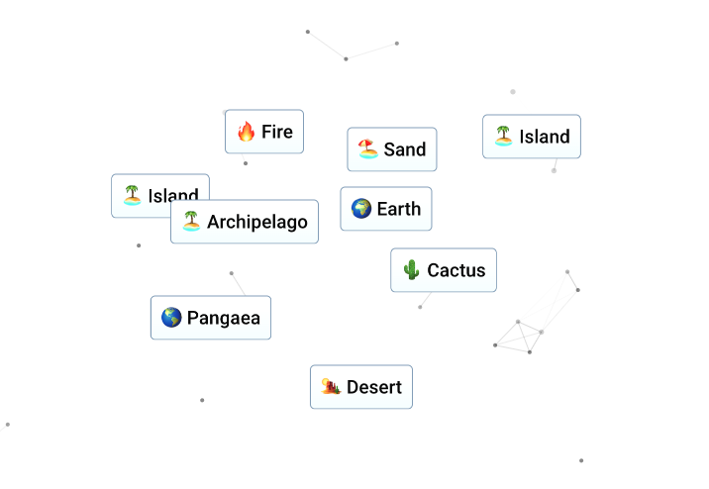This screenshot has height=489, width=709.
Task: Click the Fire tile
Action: pyautogui.click(x=264, y=132)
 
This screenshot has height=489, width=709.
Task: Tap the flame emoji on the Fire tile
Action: pyautogui.click(x=247, y=132)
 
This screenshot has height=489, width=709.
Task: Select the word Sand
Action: pyautogui.click(x=405, y=149)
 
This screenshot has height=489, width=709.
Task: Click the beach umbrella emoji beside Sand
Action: pyautogui.click(x=368, y=149)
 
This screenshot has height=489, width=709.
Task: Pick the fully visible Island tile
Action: pyautogui.click(x=532, y=137)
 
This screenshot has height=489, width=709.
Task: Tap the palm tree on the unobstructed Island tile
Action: pyautogui.click(x=503, y=136)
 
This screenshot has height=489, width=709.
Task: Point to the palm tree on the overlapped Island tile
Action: pyautogui.click(x=132, y=195)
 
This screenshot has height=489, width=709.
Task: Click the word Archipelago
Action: pyautogui.click(x=257, y=222)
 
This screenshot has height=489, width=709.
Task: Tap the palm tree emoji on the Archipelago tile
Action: pyautogui.click(x=191, y=222)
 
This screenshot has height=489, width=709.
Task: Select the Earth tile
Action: pyautogui.click(x=386, y=209)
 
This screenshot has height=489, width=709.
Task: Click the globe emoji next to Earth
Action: pyautogui.click(x=361, y=208)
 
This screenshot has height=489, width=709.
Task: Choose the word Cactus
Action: pyautogui.click(x=456, y=270)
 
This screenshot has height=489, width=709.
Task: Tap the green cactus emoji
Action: pyautogui.click(x=411, y=270)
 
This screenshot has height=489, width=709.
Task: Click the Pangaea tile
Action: pyautogui.click(x=211, y=318)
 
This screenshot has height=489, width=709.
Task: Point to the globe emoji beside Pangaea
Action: pyautogui.click(x=171, y=318)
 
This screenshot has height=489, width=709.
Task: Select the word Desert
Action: pyautogui.click(x=374, y=387)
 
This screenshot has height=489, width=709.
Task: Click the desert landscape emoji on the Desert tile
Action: pyautogui.click(x=331, y=387)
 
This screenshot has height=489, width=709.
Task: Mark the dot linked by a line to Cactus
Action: pyautogui.click(x=420, y=307)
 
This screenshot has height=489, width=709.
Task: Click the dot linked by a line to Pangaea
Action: pyautogui.click(x=232, y=273)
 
